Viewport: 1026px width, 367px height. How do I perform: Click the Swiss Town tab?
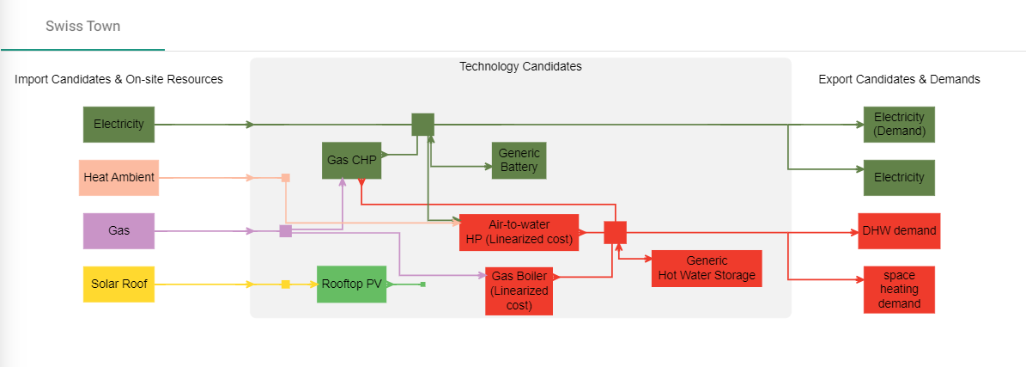(x=82, y=26)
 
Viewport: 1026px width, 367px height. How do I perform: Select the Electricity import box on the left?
(x=118, y=124)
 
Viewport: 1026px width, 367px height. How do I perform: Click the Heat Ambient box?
(x=118, y=178)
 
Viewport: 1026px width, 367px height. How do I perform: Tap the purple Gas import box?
(x=118, y=231)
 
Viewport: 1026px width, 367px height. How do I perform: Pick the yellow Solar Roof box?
(x=118, y=284)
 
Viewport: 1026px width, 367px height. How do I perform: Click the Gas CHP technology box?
(x=351, y=160)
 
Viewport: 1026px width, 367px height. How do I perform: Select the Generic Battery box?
(x=519, y=160)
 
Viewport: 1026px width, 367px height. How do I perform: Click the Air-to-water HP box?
(x=519, y=232)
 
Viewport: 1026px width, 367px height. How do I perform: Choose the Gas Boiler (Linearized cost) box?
(x=519, y=291)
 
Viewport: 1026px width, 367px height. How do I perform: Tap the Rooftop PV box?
(x=351, y=284)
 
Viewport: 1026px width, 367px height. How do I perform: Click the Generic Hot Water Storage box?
(x=707, y=268)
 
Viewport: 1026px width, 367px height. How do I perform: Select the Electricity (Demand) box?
(x=899, y=124)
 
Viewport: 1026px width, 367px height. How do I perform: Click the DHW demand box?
(x=899, y=231)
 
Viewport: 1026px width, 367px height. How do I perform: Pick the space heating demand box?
(x=899, y=290)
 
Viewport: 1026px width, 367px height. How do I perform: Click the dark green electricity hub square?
(x=422, y=125)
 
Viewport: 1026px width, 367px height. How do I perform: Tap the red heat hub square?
(x=615, y=232)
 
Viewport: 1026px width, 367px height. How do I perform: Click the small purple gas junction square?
(x=286, y=231)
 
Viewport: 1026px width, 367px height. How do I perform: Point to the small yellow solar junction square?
(x=286, y=284)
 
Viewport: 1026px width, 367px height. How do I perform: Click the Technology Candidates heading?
(x=520, y=66)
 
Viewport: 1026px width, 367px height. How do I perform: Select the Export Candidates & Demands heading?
(x=899, y=79)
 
